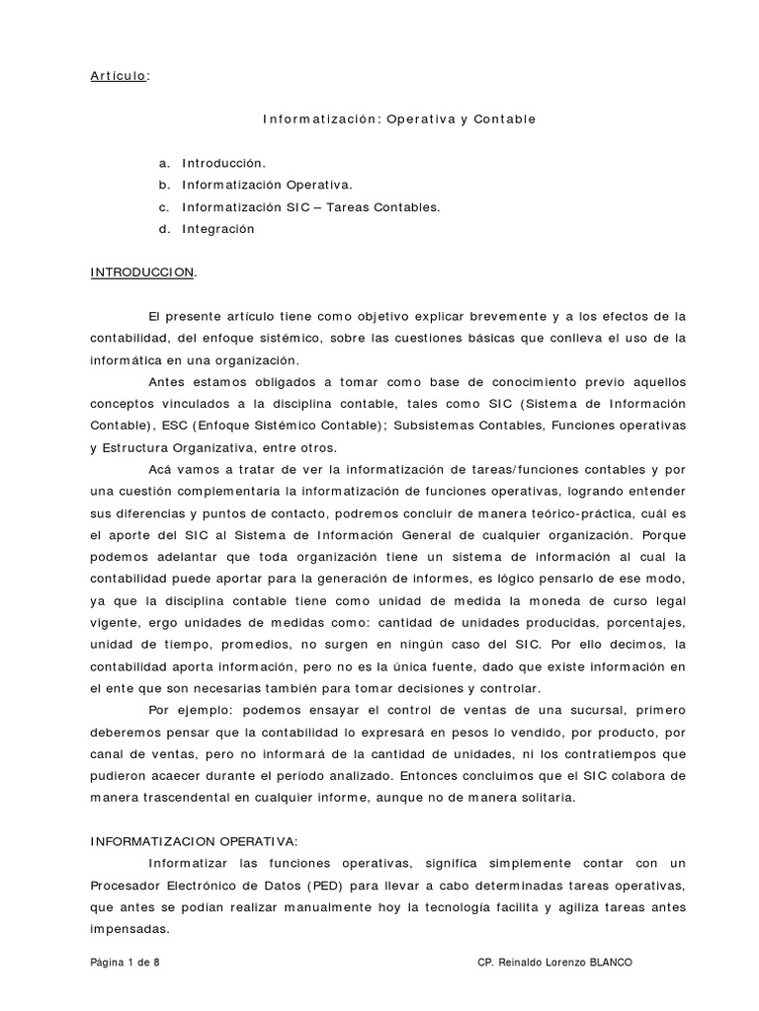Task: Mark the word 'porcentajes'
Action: pos(637,623)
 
